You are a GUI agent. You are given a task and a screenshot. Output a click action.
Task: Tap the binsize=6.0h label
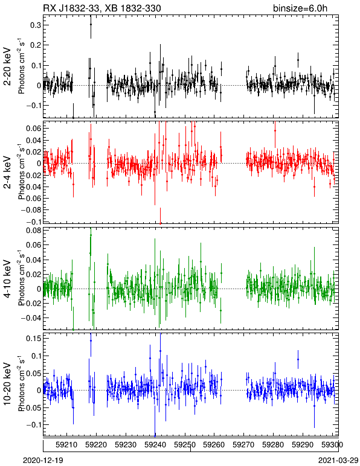(300, 8)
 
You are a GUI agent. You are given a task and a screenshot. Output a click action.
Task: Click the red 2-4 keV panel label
(7, 173)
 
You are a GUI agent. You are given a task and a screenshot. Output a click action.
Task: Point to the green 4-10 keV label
(7, 279)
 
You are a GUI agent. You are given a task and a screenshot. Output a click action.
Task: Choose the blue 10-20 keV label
(7, 383)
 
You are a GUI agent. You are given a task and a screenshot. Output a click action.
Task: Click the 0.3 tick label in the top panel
(35, 25)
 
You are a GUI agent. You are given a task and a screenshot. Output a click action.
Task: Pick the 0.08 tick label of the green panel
(33, 231)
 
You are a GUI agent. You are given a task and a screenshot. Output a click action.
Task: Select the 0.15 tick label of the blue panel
(33, 338)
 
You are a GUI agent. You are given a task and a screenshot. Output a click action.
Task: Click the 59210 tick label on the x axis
(66, 445)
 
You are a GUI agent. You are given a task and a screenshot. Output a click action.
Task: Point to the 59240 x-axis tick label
(155, 445)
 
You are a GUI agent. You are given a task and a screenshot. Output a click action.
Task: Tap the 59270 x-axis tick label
(243, 445)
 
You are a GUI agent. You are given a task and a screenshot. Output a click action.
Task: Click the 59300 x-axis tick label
(332, 445)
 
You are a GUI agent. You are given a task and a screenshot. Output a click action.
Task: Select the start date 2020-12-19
(43, 461)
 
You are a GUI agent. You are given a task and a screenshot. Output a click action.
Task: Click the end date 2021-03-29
(338, 461)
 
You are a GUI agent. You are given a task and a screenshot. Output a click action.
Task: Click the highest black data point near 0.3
(91, 25)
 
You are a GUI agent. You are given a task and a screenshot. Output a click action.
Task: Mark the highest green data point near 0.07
(91, 235)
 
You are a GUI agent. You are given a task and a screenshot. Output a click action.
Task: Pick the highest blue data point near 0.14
(91, 341)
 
